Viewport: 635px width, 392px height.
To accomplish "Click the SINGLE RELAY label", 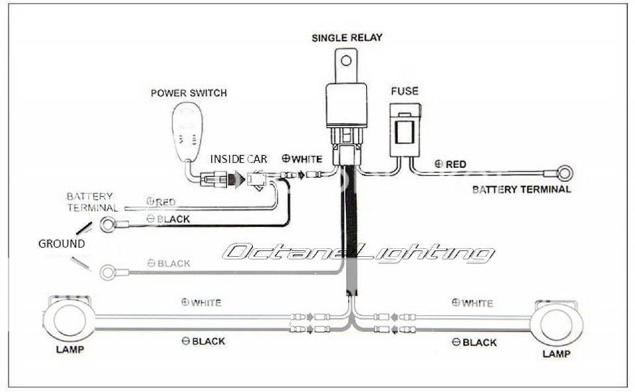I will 347,38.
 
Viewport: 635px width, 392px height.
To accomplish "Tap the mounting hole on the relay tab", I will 347,62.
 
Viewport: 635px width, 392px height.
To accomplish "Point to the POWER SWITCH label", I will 189,93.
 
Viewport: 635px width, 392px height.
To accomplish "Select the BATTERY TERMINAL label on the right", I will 522,189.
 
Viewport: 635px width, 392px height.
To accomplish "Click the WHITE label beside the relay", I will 303,159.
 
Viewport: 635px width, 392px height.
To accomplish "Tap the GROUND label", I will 61,244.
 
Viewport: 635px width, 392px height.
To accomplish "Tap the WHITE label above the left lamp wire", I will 200,303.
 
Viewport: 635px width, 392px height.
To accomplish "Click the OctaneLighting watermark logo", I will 359,252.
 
